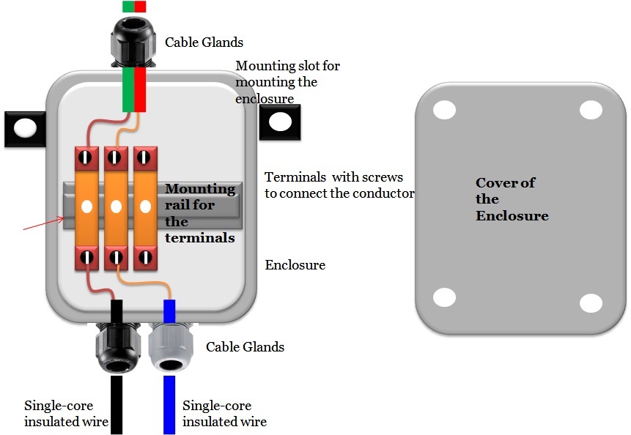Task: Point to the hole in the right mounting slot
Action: coord(279,122)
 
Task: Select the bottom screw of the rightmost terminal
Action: coord(144,257)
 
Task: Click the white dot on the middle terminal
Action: coord(115,207)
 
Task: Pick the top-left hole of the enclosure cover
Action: coord(444,110)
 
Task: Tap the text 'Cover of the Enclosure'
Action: coord(512,199)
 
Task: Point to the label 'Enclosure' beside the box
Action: coord(295,264)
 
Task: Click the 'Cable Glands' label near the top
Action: coord(204,42)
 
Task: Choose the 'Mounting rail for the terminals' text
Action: coord(199,213)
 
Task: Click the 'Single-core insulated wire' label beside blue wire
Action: coord(224,414)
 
